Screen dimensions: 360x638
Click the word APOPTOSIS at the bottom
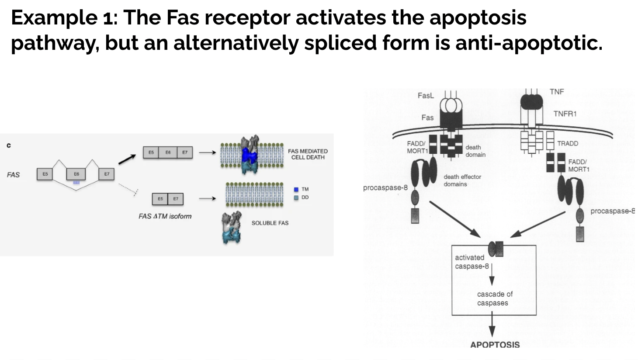(495, 345)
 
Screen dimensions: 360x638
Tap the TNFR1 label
(565, 114)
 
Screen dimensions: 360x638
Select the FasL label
(426, 95)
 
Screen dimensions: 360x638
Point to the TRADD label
(567, 143)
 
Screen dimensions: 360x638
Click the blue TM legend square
(296, 190)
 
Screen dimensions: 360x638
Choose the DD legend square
(296, 197)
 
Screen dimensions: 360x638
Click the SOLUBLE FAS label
(270, 223)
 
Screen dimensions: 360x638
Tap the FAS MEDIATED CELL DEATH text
(308, 154)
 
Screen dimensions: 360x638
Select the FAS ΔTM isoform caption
(165, 216)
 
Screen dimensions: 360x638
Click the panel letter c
(9, 145)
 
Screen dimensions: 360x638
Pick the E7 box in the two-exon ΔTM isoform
(176, 199)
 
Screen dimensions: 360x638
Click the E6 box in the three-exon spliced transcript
(168, 152)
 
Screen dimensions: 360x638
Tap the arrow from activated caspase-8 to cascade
(492, 275)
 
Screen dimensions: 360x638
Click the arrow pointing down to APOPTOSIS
(492, 326)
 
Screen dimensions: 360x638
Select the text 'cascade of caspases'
(494, 298)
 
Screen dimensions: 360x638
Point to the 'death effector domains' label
(462, 180)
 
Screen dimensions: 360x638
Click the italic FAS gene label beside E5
(13, 175)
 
